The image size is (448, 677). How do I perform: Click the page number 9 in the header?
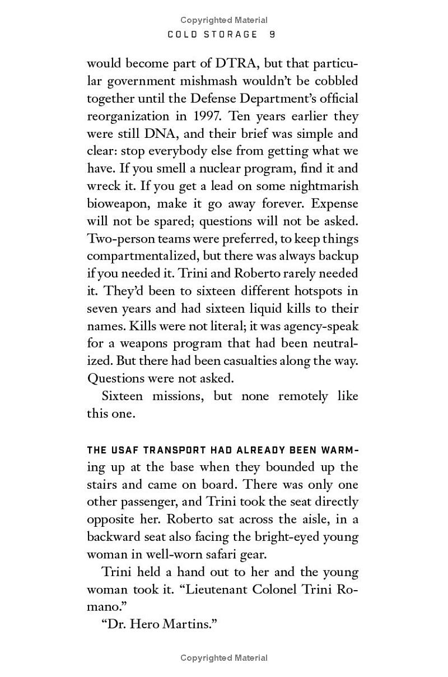(x=272, y=35)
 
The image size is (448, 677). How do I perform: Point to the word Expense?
(x=335, y=203)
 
